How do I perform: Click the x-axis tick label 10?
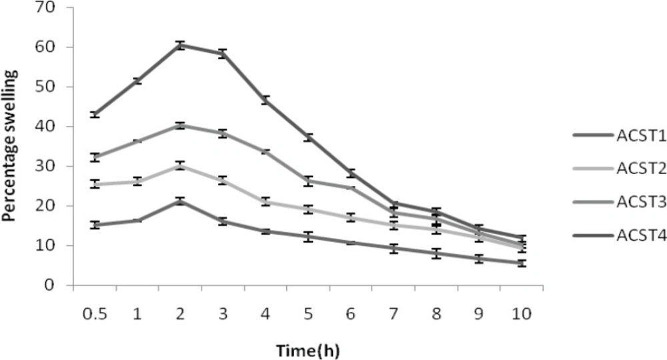pos(522,313)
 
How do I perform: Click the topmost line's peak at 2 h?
pos(180,45)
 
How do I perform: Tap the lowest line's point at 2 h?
pos(180,201)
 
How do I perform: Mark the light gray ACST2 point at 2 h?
pos(180,165)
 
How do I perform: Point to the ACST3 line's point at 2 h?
pos(180,125)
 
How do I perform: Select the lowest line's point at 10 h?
pos(522,263)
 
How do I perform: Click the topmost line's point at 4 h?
pos(265,100)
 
